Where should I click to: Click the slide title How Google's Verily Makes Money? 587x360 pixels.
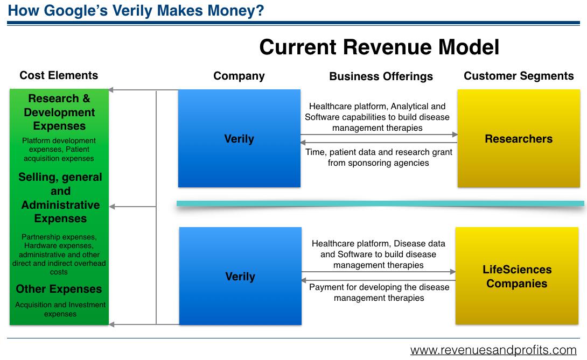(136, 10)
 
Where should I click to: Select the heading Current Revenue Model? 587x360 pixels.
(379, 47)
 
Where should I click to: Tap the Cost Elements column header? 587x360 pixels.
(59, 75)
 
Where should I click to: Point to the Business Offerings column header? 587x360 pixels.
(381, 76)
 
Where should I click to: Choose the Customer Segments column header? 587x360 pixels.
(519, 76)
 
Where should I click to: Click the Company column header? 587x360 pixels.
(239, 76)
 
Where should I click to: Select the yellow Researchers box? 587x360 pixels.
(519, 138)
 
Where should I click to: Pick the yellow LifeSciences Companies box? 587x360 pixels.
(517, 276)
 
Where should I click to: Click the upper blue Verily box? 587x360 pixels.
(239, 138)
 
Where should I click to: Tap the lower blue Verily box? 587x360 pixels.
(240, 276)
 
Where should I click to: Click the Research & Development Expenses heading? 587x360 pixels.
(59, 112)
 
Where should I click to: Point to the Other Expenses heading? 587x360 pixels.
(59, 289)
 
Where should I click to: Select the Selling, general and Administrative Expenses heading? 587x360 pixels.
(60, 197)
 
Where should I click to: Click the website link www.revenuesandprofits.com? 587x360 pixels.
(493, 350)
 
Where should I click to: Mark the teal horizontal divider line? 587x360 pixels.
(380, 203)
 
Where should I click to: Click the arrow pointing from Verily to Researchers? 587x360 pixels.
(379, 135)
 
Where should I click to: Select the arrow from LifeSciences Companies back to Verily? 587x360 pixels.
(379, 280)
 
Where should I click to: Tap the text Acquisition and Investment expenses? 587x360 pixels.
(60, 309)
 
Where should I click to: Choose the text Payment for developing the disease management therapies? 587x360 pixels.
(379, 293)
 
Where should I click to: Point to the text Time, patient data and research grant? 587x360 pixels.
(379, 152)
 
